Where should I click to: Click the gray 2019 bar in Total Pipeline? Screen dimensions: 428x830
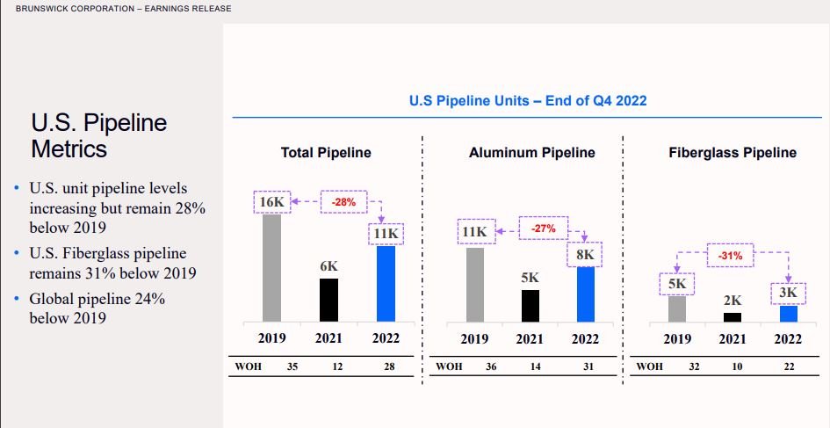[x=272, y=268]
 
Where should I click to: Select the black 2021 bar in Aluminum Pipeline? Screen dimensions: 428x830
[x=530, y=305]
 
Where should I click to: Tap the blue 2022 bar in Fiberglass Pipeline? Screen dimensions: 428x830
[x=789, y=313]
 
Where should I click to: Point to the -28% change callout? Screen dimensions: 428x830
[x=344, y=201]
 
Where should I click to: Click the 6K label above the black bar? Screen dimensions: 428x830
[x=328, y=265]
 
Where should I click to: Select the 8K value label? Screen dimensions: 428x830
[x=586, y=255]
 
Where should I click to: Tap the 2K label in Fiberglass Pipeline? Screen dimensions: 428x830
[x=733, y=301]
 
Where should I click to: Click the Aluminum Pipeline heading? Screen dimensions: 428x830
[x=531, y=153]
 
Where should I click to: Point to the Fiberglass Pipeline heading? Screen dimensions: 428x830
[x=733, y=153]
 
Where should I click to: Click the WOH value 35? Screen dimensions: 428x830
[x=292, y=366]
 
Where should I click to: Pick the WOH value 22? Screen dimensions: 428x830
[x=789, y=366]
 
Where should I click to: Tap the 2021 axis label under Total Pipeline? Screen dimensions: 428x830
[x=328, y=338]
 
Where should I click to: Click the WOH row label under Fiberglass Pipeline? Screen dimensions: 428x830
[x=650, y=366]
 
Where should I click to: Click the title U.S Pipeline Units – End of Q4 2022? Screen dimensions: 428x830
[x=528, y=101]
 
